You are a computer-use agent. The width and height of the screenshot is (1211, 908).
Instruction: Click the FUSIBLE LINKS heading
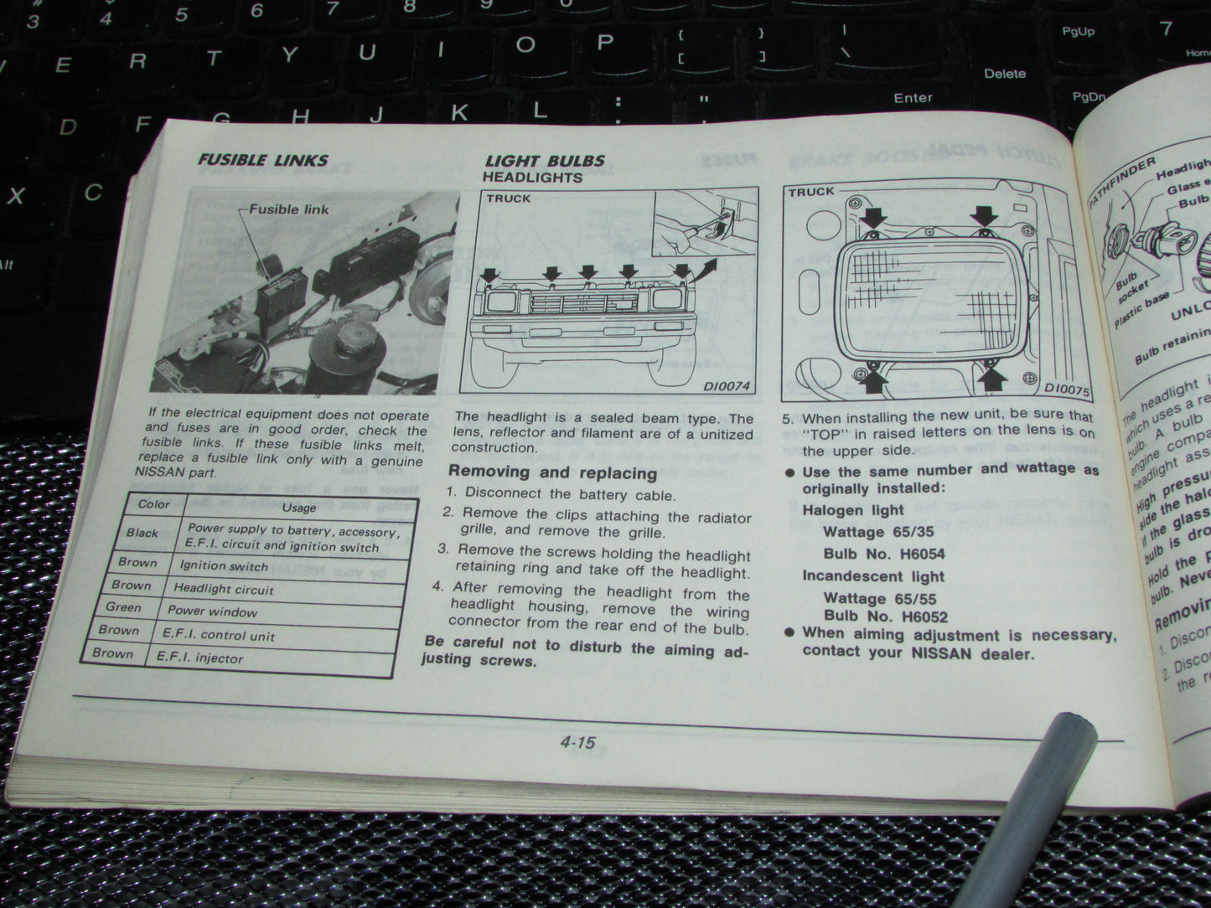tap(262, 159)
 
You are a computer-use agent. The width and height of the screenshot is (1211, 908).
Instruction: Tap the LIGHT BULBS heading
tap(545, 161)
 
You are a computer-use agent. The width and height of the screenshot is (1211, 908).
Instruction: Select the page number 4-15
tap(577, 742)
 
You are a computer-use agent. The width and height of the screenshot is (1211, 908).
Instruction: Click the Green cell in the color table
tap(124, 607)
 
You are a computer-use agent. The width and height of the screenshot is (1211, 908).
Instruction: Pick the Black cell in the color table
tap(142, 533)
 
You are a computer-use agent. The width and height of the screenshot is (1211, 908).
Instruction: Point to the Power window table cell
tap(212, 611)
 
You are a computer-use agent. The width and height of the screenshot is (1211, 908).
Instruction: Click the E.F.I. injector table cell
tap(200, 658)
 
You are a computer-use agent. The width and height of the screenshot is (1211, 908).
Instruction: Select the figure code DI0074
tap(726, 386)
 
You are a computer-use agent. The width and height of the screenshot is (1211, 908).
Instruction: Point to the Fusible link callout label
tap(289, 209)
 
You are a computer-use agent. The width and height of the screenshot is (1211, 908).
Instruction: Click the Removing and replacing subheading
tap(552, 472)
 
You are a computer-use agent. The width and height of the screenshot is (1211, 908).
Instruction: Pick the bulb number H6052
tap(914, 617)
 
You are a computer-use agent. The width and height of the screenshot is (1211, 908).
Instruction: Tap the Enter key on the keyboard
tap(913, 98)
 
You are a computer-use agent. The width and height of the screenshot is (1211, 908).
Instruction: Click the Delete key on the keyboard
tap(1004, 74)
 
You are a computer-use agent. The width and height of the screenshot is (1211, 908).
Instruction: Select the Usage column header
tap(298, 508)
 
